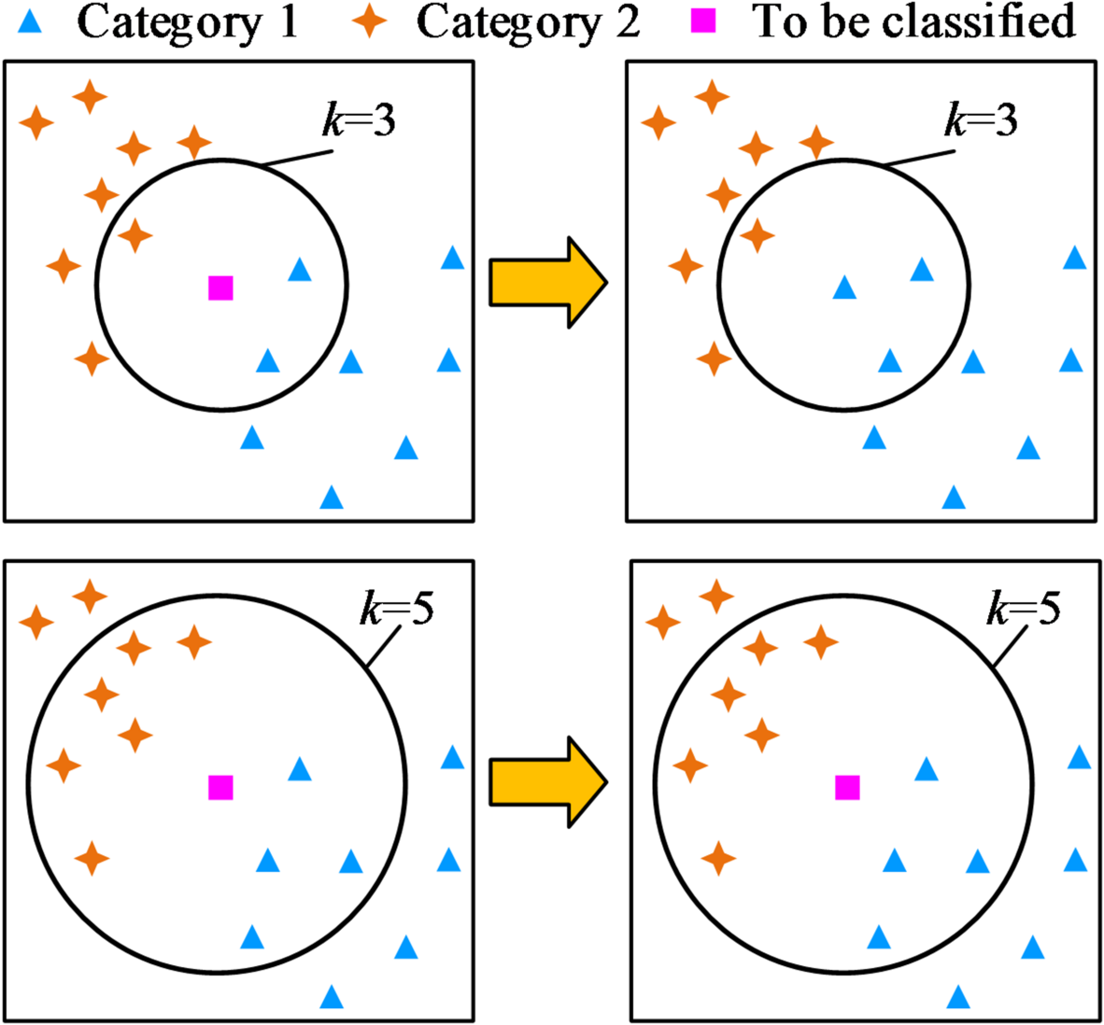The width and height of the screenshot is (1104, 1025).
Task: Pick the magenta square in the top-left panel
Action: point(220,288)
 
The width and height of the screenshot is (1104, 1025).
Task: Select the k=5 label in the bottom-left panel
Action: point(397,611)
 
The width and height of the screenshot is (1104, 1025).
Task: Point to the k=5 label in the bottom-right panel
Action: point(1024,611)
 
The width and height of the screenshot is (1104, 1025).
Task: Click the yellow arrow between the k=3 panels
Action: point(547,283)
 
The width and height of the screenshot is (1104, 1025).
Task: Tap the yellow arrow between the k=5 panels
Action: point(547,781)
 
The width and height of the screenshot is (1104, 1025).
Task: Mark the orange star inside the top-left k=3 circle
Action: point(135,235)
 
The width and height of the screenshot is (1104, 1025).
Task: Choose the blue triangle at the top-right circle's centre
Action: point(844,288)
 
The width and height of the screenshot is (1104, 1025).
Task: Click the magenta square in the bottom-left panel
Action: point(220,788)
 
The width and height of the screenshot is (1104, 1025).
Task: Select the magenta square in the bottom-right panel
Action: point(847,788)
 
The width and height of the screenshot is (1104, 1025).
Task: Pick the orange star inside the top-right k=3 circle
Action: point(757,235)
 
